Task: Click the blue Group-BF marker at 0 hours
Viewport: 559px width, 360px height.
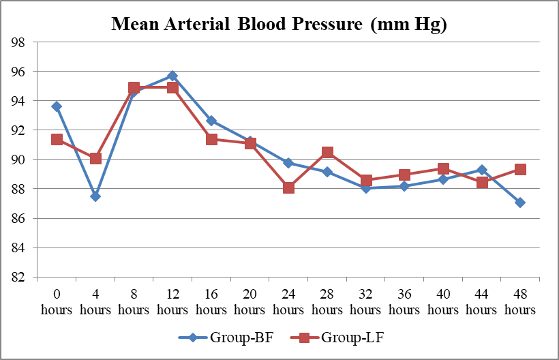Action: (57, 106)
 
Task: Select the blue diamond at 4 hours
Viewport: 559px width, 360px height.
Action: (95, 196)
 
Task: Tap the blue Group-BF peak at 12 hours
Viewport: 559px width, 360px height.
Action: (172, 76)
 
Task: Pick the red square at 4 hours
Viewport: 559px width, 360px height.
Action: (95, 158)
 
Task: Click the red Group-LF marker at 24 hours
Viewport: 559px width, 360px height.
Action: (288, 187)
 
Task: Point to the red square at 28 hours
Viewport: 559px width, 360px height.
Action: (327, 152)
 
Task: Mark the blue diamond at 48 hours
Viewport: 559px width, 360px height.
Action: (520, 202)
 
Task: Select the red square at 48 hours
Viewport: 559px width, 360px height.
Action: (520, 169)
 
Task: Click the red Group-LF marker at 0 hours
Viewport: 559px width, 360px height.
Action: (57, 139)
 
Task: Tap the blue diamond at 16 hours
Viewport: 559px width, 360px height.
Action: (211, 121)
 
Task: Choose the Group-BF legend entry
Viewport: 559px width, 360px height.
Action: (226, 337)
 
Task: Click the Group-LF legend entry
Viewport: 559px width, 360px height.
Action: (337, 337)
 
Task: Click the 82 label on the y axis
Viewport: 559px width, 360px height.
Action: (18, 277)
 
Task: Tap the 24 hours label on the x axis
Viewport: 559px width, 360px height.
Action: (288, 301)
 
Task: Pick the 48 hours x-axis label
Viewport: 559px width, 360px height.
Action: (520, 301)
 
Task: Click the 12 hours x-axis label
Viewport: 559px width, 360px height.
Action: (172, 301)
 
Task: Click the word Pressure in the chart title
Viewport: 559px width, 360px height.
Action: (327, 24)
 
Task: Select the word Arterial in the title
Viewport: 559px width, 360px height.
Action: (197, 24)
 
